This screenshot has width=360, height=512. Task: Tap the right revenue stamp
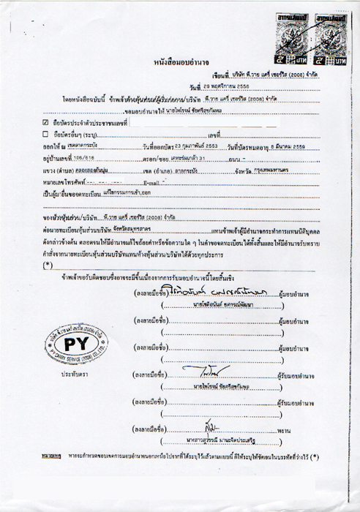pyautogui.click(x=328, y=31)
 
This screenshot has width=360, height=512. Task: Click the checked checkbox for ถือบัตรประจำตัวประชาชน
pyautogui.click(x=46, y=122)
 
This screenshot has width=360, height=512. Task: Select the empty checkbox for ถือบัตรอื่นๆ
pyautogui.click(x=46, y=135)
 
